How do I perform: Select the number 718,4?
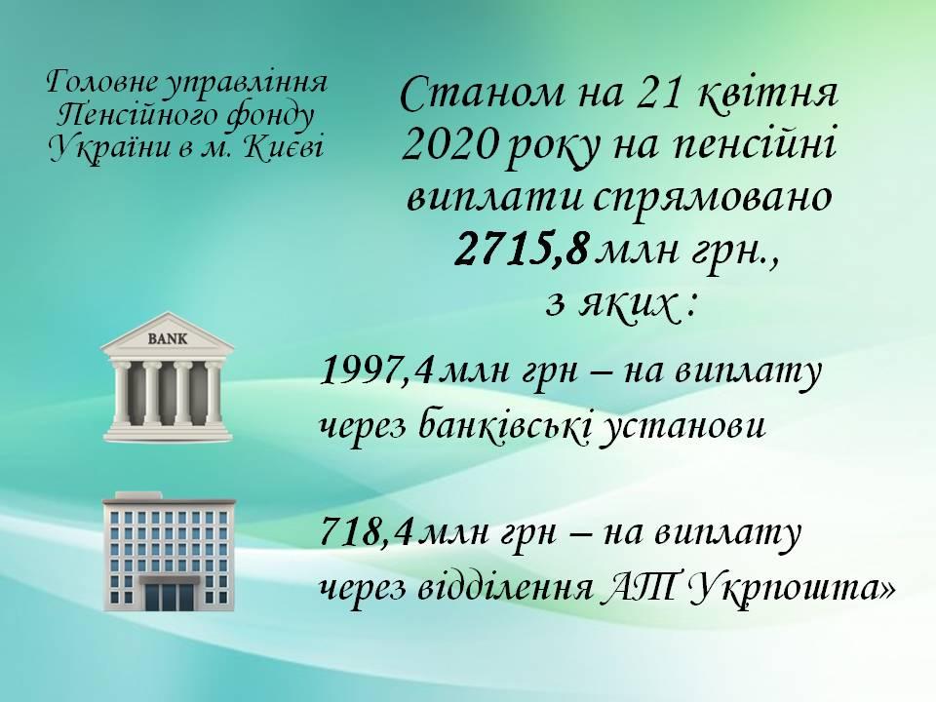[x=367, y=532]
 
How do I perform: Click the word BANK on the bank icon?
[x=167, y=339]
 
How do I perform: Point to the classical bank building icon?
[x=168, y=377]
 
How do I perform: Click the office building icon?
[x=169, y=551]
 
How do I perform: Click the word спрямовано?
[x=712, y=199]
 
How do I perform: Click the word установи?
[x=682, y=429]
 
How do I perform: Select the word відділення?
[x=504, y=588]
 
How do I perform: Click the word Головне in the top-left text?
[x=101, y=83]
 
